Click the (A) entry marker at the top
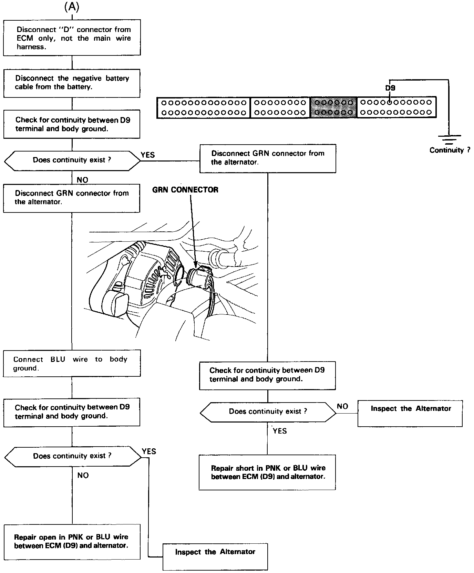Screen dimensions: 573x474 point(72,8)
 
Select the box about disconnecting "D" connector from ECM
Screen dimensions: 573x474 point(72,38)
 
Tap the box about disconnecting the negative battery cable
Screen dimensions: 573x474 point(72,83)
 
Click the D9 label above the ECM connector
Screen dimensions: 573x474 point(390,88)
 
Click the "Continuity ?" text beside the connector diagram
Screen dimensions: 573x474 point(450,150)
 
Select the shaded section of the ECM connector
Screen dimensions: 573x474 point(333,107)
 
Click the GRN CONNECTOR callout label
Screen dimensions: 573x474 point(185,190)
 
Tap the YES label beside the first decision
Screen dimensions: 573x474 point(148,155)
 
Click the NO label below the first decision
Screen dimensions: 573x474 point(82,180)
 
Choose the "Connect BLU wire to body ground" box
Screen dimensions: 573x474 point(72,363)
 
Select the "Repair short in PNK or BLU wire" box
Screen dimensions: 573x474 point(267,472)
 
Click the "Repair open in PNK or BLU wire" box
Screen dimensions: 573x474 point(72,541)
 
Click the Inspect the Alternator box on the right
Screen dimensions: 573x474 point(410,413)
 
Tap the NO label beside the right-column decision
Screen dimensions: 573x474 point(342,406)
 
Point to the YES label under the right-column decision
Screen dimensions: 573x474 point(279,431)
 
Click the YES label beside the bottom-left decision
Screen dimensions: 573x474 point(149,451)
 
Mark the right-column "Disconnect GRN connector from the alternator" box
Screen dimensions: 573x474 point(268,158)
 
